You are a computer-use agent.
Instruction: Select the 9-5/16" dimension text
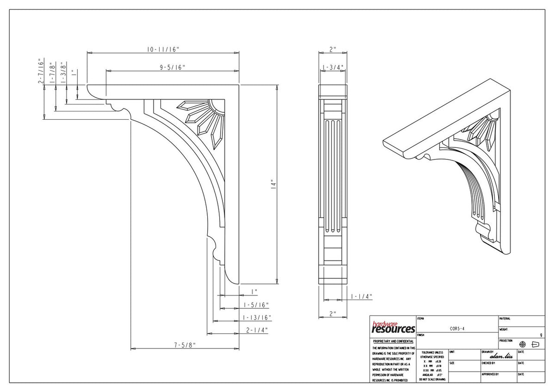(x=173, y=67)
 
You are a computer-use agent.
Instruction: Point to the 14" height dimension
(x=273, y=184)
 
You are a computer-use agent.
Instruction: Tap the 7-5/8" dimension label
(x=185, y=344)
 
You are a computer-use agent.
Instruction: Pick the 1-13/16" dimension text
(x=257, y=318)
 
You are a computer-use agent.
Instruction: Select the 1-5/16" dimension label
(x=256, y=305)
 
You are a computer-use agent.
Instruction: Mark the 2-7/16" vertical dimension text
(x=41, y=71)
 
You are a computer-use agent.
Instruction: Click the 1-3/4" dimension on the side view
(x=333, y=67)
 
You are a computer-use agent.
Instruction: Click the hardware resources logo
(x=393, y=327)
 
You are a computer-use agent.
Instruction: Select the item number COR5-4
(x=457, y=329)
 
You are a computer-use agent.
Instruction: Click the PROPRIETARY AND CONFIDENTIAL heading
(x=393, y=341)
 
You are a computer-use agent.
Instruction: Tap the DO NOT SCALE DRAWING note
(x=432, y=380)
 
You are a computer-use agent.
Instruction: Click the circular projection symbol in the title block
(x=523, y=344)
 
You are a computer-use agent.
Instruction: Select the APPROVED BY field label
(x=490, y=374)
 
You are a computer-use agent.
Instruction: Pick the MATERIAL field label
(x=505, y=318)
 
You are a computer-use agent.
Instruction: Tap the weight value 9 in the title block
(x=541, y=335)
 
